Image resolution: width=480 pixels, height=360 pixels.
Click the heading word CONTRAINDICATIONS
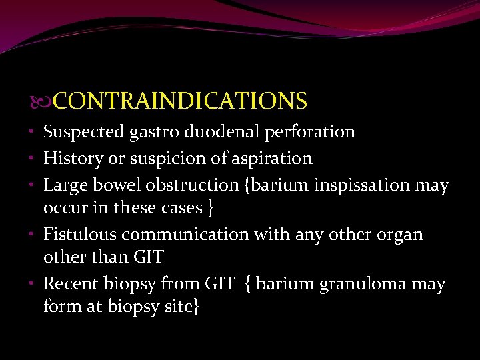coord(180,101)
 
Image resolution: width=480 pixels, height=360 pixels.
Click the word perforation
coord(310,132)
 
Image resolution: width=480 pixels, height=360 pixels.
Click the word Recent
coord(71,284)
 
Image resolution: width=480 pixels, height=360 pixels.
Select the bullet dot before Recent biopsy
coord(34,283)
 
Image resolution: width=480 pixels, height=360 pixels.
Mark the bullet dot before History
coord(34,158)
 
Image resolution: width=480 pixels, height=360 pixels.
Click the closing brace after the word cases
coord(211,209)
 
